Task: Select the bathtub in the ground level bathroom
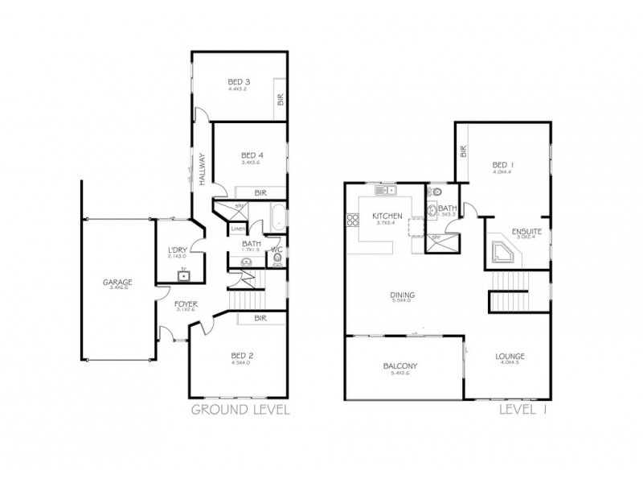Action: coord(276,218)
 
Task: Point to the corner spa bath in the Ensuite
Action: coord(504,252)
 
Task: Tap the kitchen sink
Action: coord(387,191)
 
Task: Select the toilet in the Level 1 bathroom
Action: coord(433,193)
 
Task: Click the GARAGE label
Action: coord(117,283)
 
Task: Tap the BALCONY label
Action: coord(399,366)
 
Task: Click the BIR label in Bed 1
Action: coord(464,152)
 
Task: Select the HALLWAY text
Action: coord(203,171)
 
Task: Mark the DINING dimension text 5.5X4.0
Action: coord(401,300)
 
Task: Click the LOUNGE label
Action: coord(510,356)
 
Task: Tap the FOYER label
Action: coord(186,304)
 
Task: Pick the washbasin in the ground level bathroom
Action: coord(246,262)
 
